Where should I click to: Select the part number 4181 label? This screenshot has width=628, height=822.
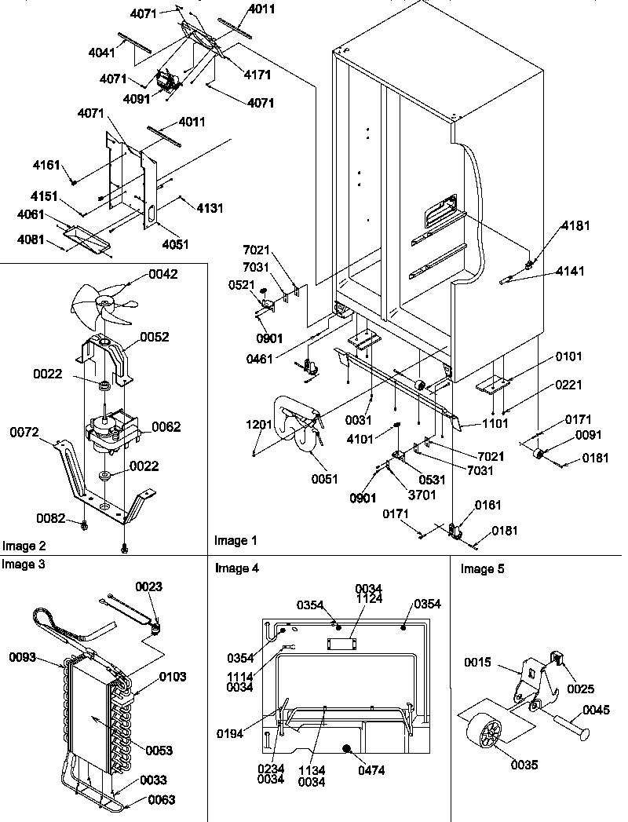[x=575, y=226]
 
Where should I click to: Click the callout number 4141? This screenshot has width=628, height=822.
[x=570, y=272]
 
